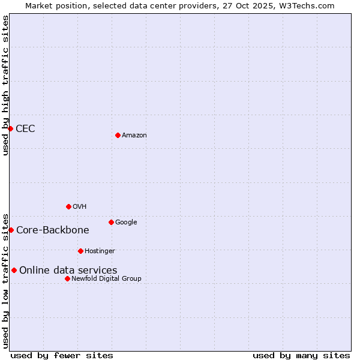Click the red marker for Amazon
[x=118, y=135]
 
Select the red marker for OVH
[x=68, y=206]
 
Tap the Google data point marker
[x=111, y=222]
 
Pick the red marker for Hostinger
[x=80, y=251]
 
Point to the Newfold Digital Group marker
[x=67, y=278]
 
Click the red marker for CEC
[x=10, y=128]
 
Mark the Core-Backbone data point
[x=11, y=230]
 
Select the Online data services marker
[x=14, y=270]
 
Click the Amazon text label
[x=134, y=136]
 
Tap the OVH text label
[x=80, y=207]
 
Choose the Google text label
[x=126, y=223]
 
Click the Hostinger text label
[x=100, y=251]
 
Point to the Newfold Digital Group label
[x=106, y=279]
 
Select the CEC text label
[x=25, y=129]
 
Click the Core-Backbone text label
[x=53, y=230]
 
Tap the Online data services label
[x=68, y=271]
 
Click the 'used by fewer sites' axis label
[x=62, y=356]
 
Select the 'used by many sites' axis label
[x=301, y=356]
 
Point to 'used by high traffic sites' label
[x=6, y=85]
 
